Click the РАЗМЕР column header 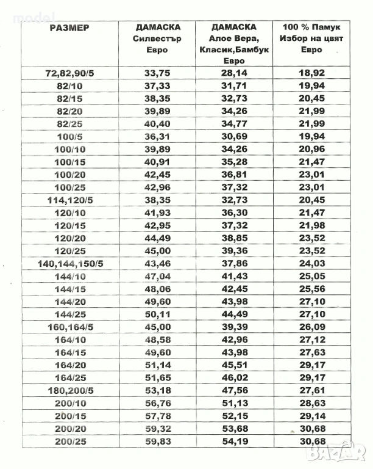(x=69, y=27)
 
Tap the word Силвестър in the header (x=158, y=38)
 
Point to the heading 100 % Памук (x=311, y=27)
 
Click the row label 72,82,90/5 (x=71, y=73)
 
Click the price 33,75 (x=157, y=73)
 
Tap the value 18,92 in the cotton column (x=311, y=73)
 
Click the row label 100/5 (x=71, y=136)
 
